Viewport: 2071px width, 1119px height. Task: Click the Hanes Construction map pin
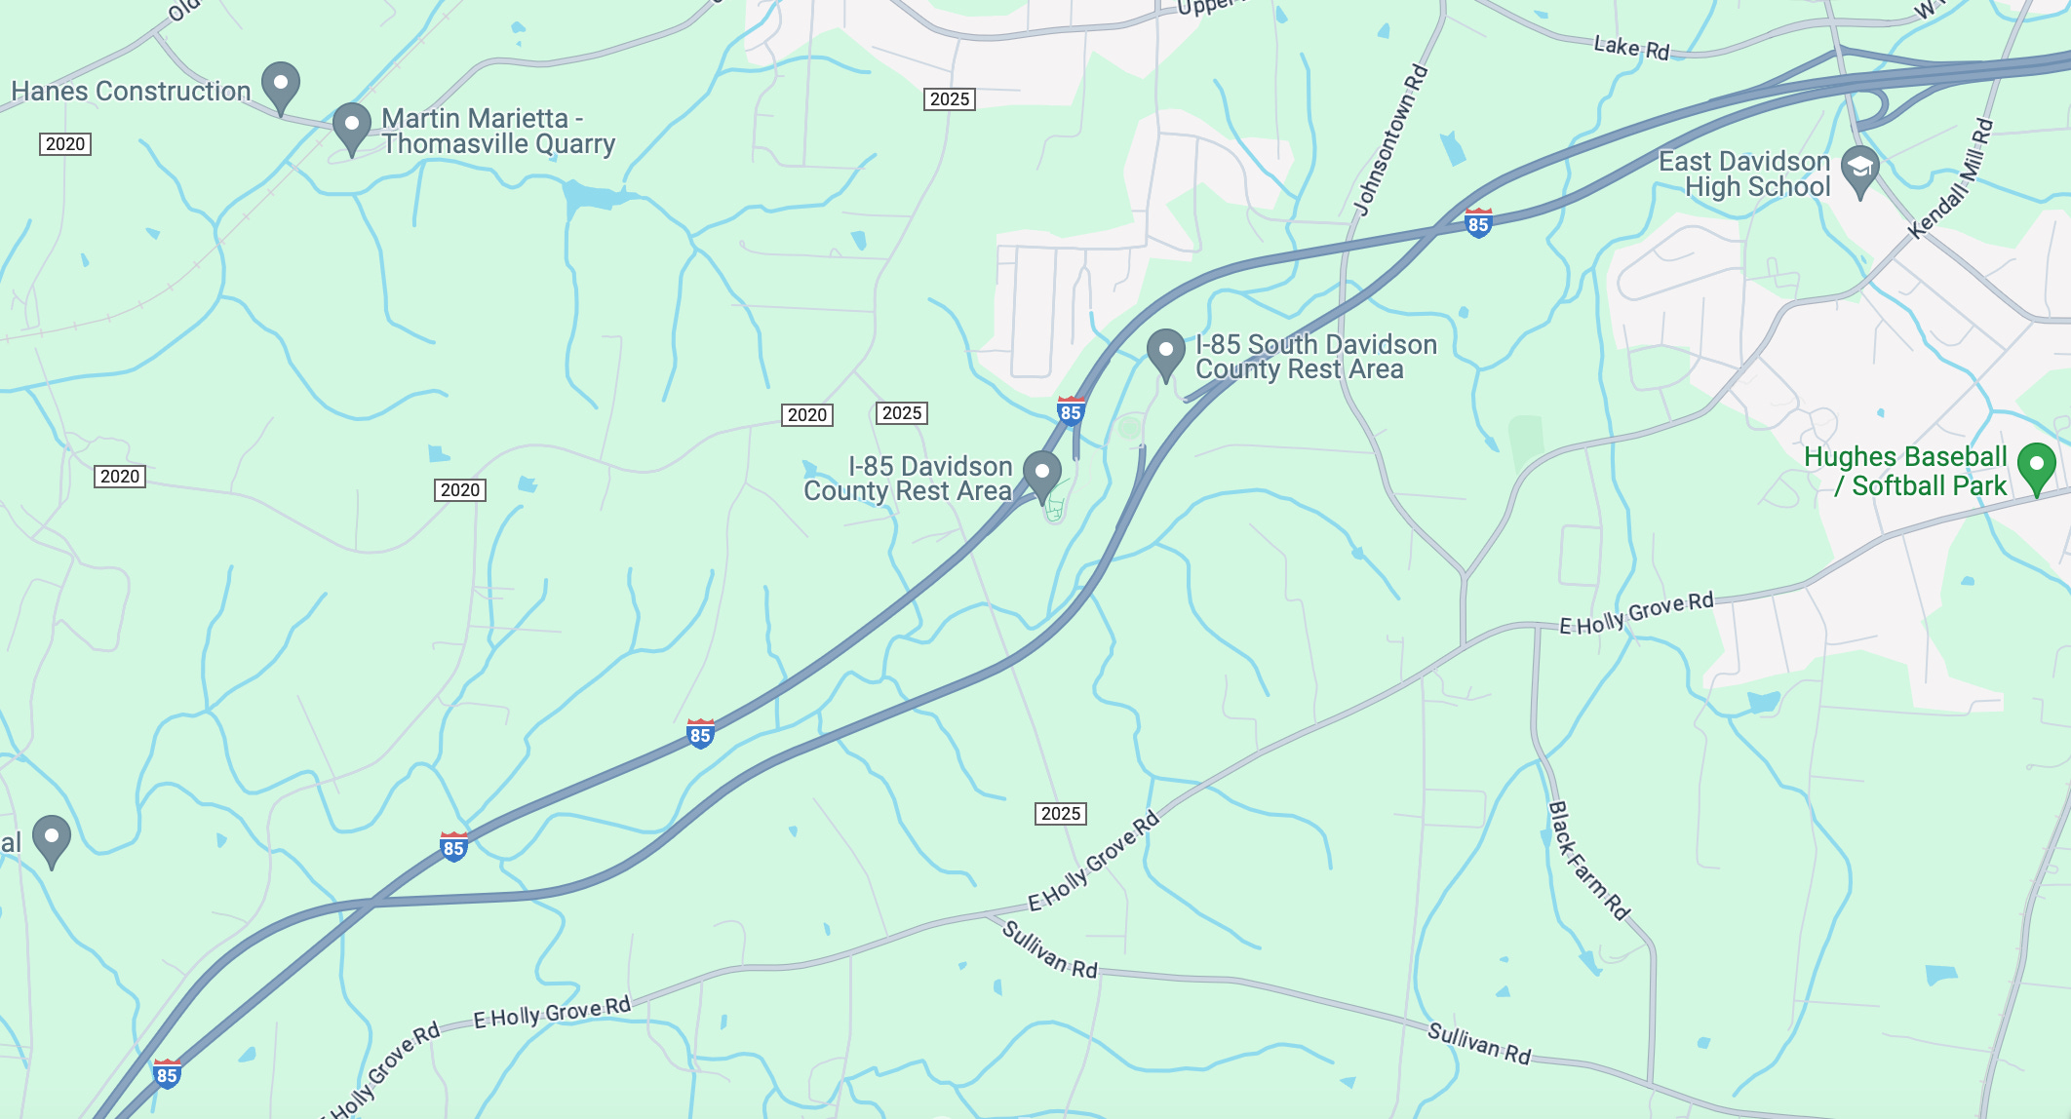click(x=281, y=86)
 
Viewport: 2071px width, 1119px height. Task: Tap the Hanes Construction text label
click(x=131, y=92)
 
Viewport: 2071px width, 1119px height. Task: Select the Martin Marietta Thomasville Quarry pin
click(x=351, y=127)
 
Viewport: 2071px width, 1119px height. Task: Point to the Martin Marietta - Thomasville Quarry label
click(x=497, y=132)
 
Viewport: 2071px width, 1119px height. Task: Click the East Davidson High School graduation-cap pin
click(x=1859, y=170)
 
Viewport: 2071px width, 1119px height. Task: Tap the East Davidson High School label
click(x=1745, y=174)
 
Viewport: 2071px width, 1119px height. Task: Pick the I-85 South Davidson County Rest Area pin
click(x=1165, y=352)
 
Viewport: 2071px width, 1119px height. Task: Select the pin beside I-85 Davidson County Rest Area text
click(x=1042, y=474)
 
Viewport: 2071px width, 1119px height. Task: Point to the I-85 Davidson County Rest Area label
click(x=908, y=479)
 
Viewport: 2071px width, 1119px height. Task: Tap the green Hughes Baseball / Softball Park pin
click(x=2036, y=467)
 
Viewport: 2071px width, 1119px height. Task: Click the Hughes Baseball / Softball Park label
click(x=1905, y=472)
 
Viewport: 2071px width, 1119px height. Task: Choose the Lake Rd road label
click(x=1631, y=48)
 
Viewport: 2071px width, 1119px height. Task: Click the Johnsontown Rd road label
click(x=1391, y=139)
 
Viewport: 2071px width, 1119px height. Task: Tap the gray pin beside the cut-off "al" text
click(x=52, y=838)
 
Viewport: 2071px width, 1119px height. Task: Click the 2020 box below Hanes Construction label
click(x=65, y=144)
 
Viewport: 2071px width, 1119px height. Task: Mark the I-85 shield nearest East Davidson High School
click(x=1478, y=223)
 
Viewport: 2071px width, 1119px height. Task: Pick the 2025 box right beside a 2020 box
click(x=902, y=413)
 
